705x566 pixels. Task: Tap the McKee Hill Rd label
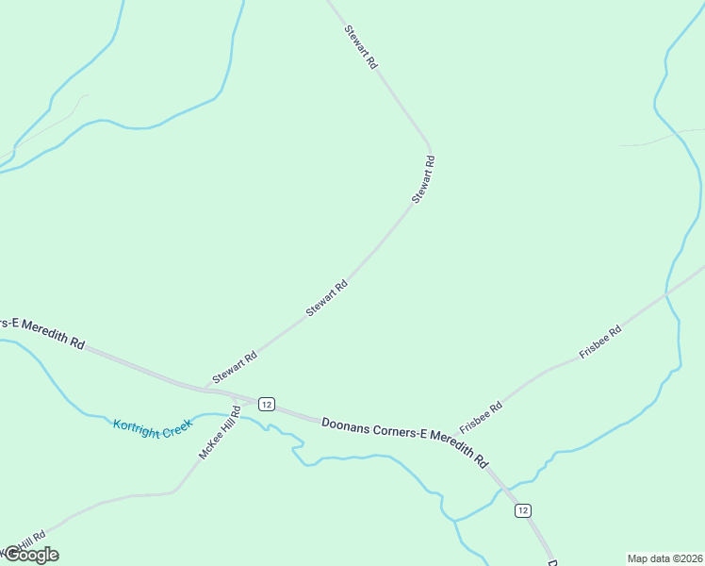click(220, 432)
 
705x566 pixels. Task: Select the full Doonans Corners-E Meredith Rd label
click(404, 441)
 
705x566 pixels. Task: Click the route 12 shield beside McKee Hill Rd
click(267, 405)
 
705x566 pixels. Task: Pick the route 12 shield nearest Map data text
click(523, 510)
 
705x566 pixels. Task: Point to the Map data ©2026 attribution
click(664, 558)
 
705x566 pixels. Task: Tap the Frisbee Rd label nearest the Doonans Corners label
click(481, 417)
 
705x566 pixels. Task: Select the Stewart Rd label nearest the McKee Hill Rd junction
click(235, 368)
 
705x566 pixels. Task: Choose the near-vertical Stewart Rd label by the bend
click(423, 179)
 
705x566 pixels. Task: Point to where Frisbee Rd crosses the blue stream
click(666, 294)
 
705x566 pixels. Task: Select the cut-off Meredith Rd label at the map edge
click(42, 332)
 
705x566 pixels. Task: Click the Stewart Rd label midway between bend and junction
click(327, 297)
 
